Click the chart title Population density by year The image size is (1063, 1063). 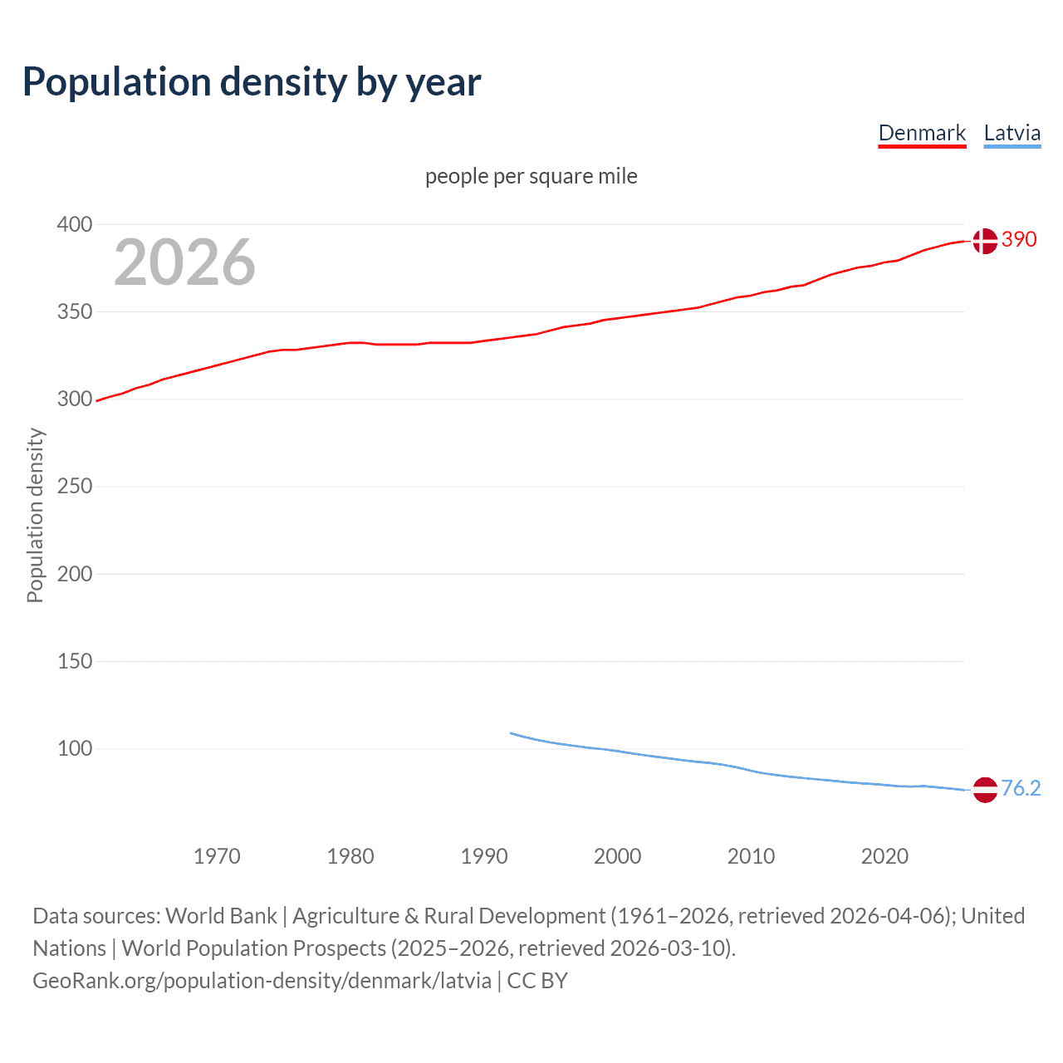pyautogui.click(x=252, y=82)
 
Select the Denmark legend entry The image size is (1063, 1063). pyautogui.click(x=922, y=133)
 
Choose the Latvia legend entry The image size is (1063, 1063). pyautogui.click(x=1012, y=133)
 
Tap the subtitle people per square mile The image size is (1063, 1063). pyautogui.click(x=531, y=176)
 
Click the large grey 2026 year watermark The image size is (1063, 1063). pyautogui.click(x=184, y=262)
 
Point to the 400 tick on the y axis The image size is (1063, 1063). pyautogui.click(x=75, y=224)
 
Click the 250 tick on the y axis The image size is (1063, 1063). pyautogui.click(x=75, y=486)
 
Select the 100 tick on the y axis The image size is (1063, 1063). pyautogui.click(x=75, y=748)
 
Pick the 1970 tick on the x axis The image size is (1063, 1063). pyautogui.click(x=217, y=856)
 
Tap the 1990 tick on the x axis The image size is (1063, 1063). pyautogui.click(x=484, y=856)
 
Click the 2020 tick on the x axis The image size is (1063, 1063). pyautogui.click(x=884, y=856)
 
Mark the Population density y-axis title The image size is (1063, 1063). pyautogui.click(x=35, y=515)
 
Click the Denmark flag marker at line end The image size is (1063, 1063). pyautogui.click(x=985, y=241)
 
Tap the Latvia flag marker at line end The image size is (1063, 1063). pyautogui.click(x=985, y=790)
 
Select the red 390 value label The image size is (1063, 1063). pyautogui.click(x=1019, y=239)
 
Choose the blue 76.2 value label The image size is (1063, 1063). pyautogui.click(x=1021, y=788)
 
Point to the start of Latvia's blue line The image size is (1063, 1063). pyautogui.click(x=512, y=733)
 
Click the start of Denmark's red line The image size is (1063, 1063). pyautogui.click(x=98, y=401)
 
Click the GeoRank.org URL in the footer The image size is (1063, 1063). pyautogui.click(x=262, y=981)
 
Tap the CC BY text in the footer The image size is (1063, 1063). pyautogui.click(x=537, y=981)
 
